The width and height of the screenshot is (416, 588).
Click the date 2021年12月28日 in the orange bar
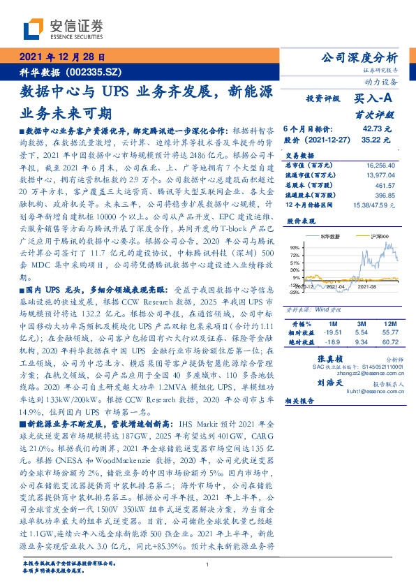pos(61,58)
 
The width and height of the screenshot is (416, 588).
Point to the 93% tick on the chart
pos(294,247)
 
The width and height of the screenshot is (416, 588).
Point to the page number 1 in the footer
pos(207,564)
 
